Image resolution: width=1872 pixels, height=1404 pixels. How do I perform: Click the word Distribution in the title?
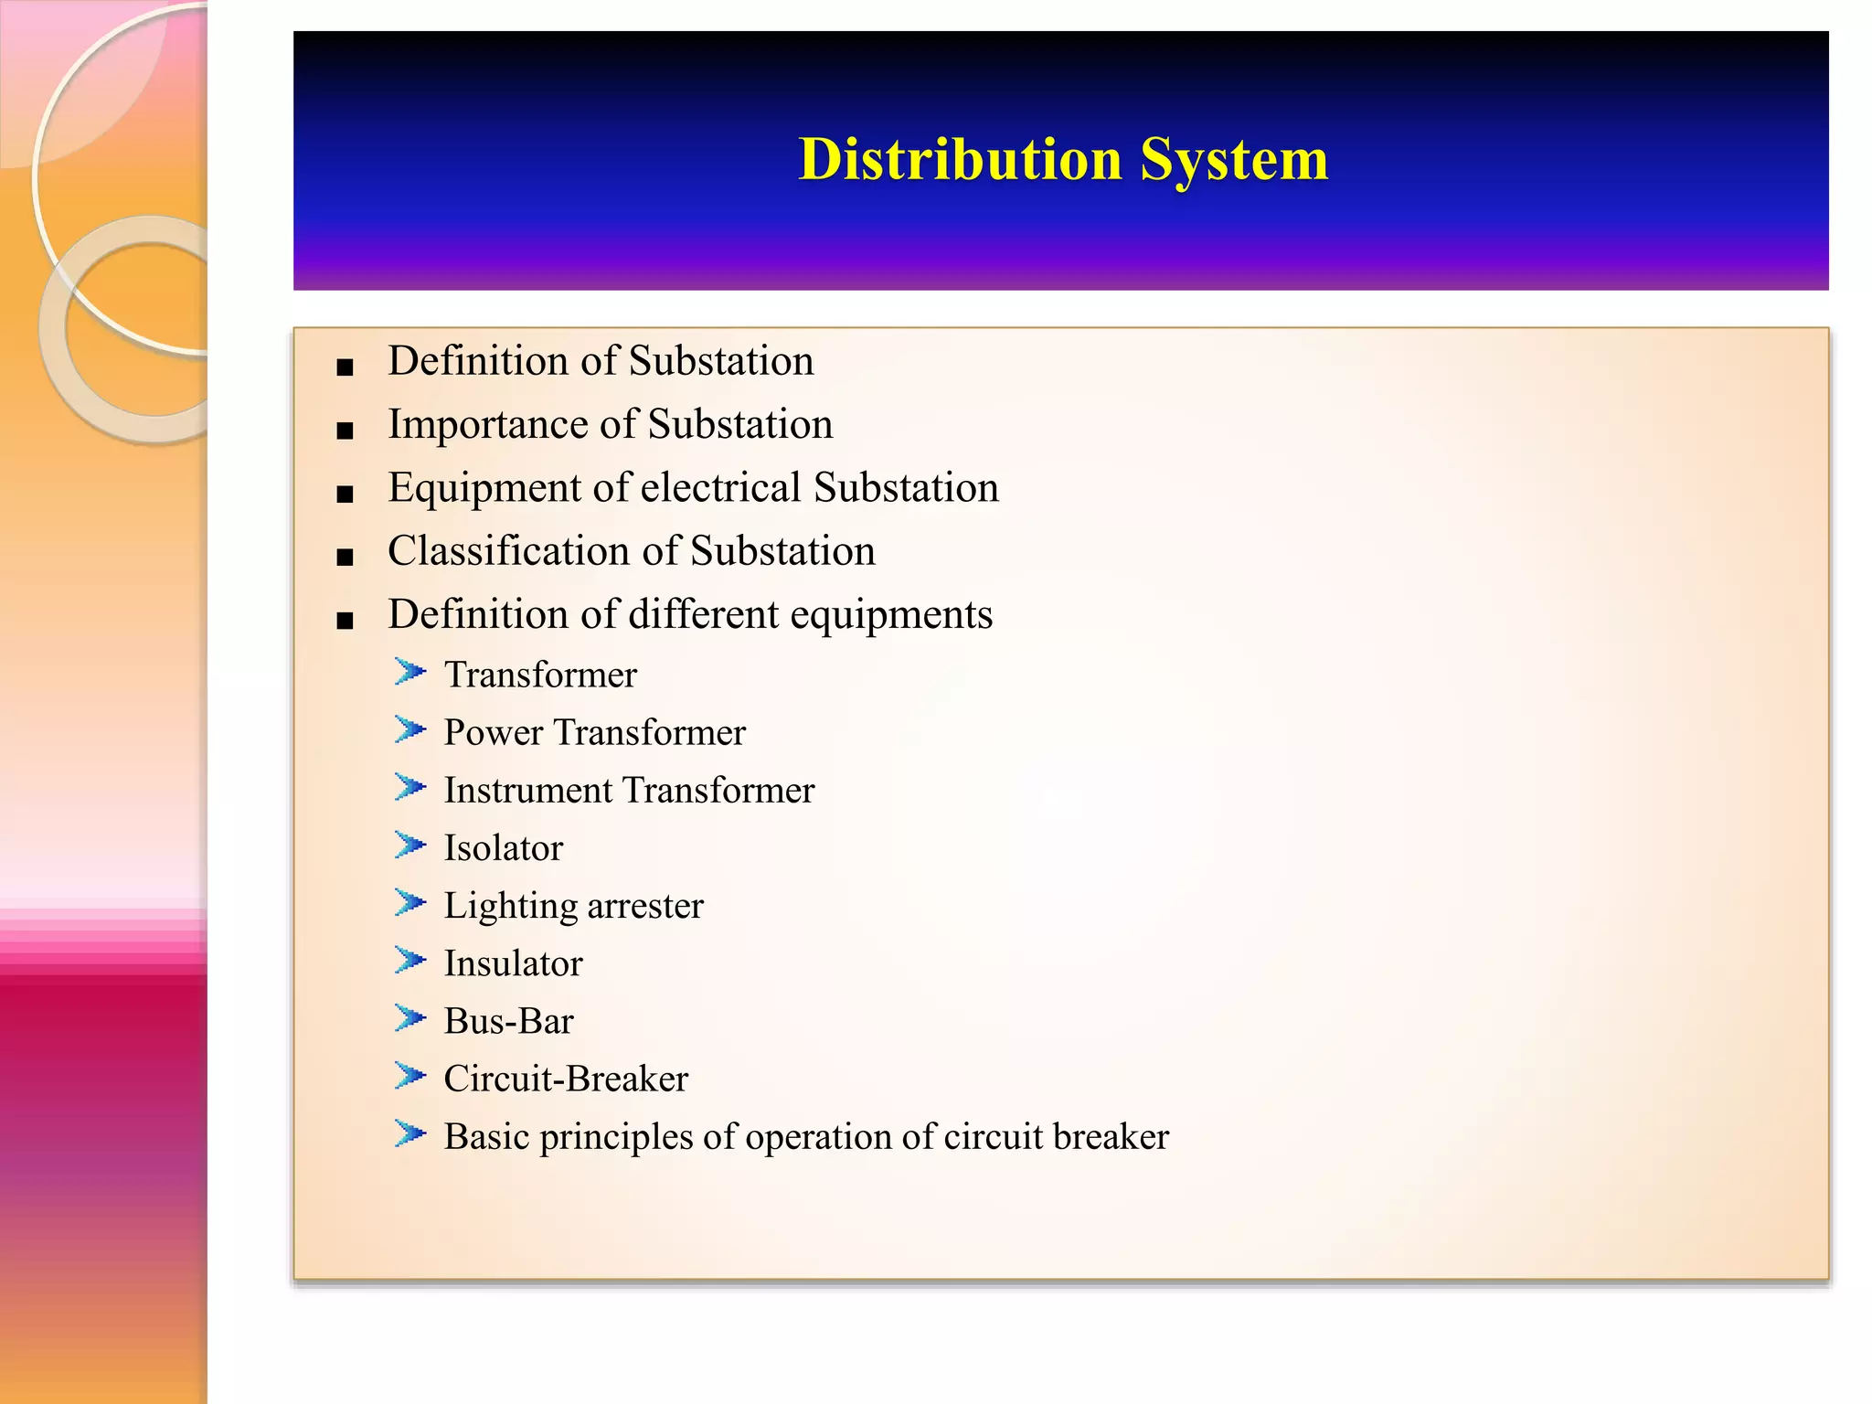[x=960, y=159]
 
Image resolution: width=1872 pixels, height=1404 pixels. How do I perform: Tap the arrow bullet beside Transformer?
[x=410, y=673]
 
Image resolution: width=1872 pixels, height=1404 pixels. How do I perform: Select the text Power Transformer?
[x=594, y=733]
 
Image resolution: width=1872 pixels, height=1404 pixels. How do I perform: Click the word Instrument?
[x=527, y=791]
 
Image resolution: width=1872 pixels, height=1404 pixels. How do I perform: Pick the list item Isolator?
[x=503, y=848]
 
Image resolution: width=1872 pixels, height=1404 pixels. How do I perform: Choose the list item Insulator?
[x=513, y=963]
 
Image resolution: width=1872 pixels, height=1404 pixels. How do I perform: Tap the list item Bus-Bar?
[x=508, y=1021]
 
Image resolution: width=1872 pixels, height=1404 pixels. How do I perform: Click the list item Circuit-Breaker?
[x=565, y=1079]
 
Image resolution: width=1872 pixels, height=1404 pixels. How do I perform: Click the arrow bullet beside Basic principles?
[x=410, y=1134]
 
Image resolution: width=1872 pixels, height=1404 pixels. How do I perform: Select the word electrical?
[x=721, y=488]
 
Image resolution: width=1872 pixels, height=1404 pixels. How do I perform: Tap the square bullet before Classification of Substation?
[x=345, y=558]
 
